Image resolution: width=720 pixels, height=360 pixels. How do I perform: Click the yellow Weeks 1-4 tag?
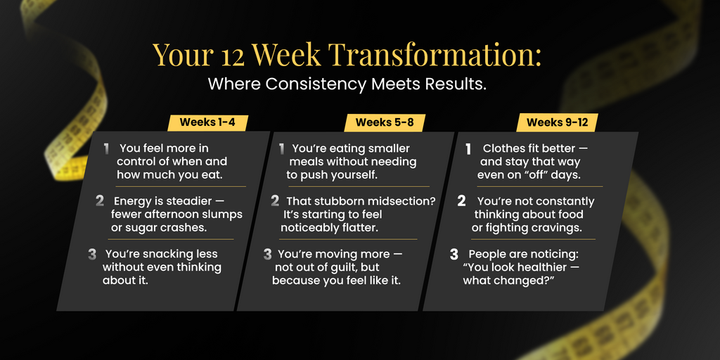coord(207,122)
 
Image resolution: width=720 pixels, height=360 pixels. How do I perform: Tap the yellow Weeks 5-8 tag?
coord(385,122)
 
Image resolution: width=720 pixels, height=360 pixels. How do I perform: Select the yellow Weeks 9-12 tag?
coord(557,122)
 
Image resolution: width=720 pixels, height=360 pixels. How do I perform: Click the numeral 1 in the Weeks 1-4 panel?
coord(107,149)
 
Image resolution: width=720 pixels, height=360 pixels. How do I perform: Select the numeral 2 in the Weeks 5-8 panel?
coord(275,200)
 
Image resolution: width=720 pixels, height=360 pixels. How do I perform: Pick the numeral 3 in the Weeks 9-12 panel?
coord(454,254)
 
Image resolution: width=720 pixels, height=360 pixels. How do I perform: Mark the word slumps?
coord(221,215)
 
